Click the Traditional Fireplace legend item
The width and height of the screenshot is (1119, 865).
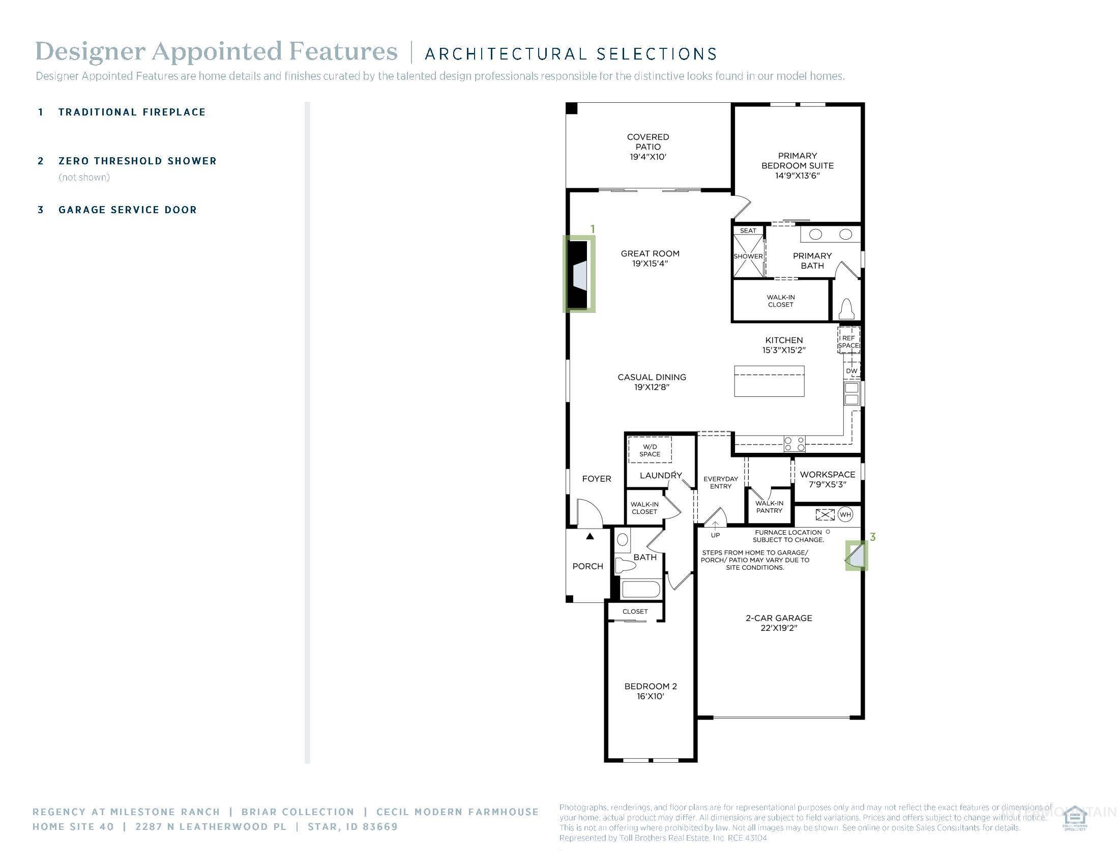point(132,112)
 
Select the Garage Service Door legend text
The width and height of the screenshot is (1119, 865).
point(128,210)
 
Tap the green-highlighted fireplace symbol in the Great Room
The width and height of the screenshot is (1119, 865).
point(579,274)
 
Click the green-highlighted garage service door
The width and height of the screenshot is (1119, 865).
point(857,556)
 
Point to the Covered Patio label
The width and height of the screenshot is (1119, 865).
point(647,147)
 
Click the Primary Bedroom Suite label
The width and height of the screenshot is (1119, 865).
point(797,165)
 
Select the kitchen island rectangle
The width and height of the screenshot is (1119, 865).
point(769,381)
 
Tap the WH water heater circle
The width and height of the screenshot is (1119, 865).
point(845,514)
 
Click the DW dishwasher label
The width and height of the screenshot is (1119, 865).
point(851,371)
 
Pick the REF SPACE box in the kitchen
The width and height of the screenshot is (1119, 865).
point(848,341)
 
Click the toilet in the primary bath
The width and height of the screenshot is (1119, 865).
point(846,309)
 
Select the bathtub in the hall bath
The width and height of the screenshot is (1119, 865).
point(640,588)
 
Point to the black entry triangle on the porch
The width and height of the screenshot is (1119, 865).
point(590,536)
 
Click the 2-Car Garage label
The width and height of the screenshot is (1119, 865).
point(779,623)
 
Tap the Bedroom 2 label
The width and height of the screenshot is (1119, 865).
point(650,691)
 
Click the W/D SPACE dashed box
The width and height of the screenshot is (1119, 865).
point(650,450)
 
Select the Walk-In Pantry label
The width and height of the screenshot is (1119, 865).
point(769,507)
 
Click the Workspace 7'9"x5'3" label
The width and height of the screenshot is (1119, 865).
point(828,479)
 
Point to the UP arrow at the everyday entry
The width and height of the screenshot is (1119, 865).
point(715,526)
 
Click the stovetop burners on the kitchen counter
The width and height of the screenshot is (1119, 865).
point(794,444)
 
